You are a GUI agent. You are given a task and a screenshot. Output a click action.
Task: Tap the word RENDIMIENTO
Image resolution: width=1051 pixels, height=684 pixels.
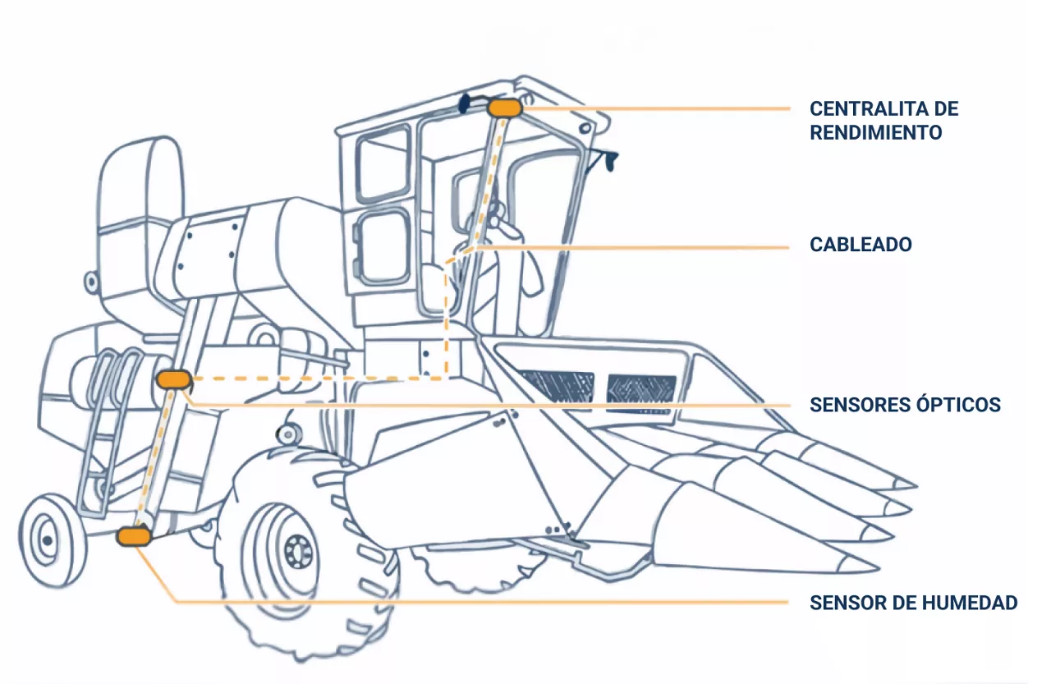click(x=875, y=133)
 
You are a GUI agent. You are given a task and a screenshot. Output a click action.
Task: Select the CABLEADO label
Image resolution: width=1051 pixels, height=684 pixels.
click(x=861, y=245)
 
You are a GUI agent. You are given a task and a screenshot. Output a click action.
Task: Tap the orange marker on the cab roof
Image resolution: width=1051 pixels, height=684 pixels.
click(x=504, y=108)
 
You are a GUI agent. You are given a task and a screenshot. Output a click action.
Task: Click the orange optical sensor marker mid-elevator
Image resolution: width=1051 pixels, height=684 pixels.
click(x=173, y=379)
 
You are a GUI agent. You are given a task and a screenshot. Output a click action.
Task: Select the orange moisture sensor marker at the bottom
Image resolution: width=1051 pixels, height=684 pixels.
click(x=134, y=537)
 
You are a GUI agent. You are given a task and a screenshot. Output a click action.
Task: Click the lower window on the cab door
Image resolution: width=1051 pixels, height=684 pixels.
click(x=383, y=247)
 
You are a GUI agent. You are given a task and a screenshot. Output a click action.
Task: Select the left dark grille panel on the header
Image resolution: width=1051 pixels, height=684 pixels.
click(x=557, y=386)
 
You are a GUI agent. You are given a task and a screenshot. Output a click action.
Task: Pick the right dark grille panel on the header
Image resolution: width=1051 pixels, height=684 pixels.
click(x=641, y=390)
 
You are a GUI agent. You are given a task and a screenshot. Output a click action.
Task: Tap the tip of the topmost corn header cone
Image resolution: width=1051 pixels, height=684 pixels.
click(x=914, y=484)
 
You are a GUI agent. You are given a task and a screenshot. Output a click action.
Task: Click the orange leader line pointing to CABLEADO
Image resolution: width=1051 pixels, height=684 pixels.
click(x=632, y=247)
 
